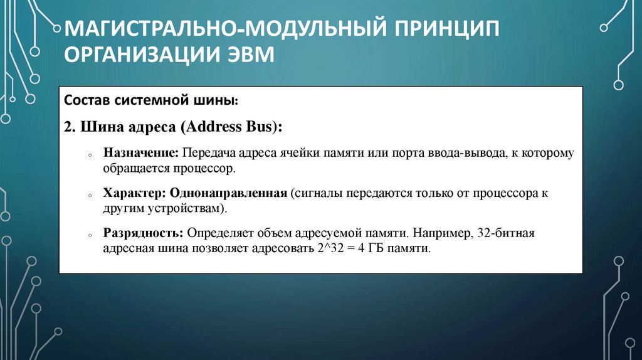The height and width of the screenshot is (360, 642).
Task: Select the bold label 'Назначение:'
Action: [x=142, y=153]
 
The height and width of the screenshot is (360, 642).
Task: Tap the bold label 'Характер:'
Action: [x=135, y=193]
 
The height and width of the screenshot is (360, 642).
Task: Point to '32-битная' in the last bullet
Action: [x=505, y=233]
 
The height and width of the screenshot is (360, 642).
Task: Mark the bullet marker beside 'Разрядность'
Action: [x=90, y=235]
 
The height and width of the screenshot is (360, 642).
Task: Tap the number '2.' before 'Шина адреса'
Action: [x=68, y=126]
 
